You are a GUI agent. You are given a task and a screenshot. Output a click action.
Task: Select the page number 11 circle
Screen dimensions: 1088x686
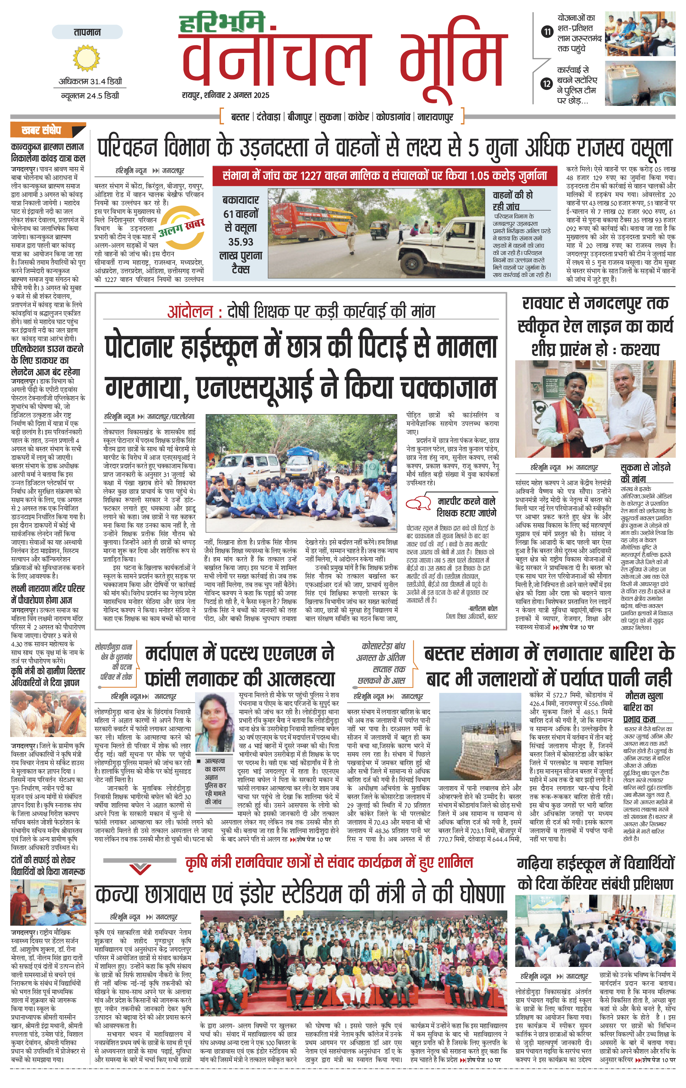tap(547, 32)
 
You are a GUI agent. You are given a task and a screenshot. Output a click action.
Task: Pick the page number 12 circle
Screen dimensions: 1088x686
tap(547, 84)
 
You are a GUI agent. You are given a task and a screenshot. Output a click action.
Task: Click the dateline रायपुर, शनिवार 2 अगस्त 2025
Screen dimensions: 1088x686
tap(226, 95)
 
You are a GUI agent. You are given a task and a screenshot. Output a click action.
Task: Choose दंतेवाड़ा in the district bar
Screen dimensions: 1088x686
tap(269, 117)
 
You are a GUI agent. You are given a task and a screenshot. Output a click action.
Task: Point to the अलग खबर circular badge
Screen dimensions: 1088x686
tap(181, 228)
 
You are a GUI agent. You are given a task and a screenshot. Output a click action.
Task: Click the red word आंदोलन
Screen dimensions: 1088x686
tap(190, 312)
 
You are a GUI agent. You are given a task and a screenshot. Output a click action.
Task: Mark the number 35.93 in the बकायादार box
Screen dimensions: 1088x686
tap(241, 242)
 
